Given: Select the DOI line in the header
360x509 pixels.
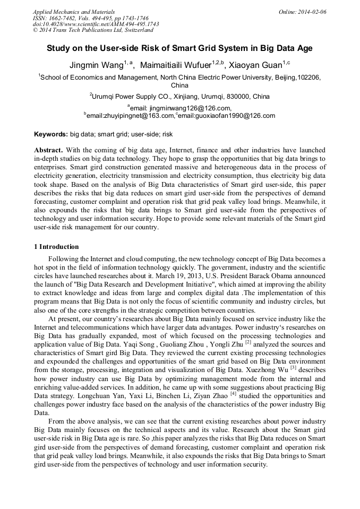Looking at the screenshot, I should [x=96, y=24].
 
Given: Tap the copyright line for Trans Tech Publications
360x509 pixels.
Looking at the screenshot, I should [x=93, y=30].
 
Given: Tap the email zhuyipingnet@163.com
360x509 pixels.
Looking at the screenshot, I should [x=130, y=115].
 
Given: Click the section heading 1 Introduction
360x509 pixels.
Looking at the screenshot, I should [x=56, y=247].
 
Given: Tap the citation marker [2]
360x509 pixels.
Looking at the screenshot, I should [x=248, y=342].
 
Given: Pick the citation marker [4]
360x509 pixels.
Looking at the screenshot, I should [x=233, y=395].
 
